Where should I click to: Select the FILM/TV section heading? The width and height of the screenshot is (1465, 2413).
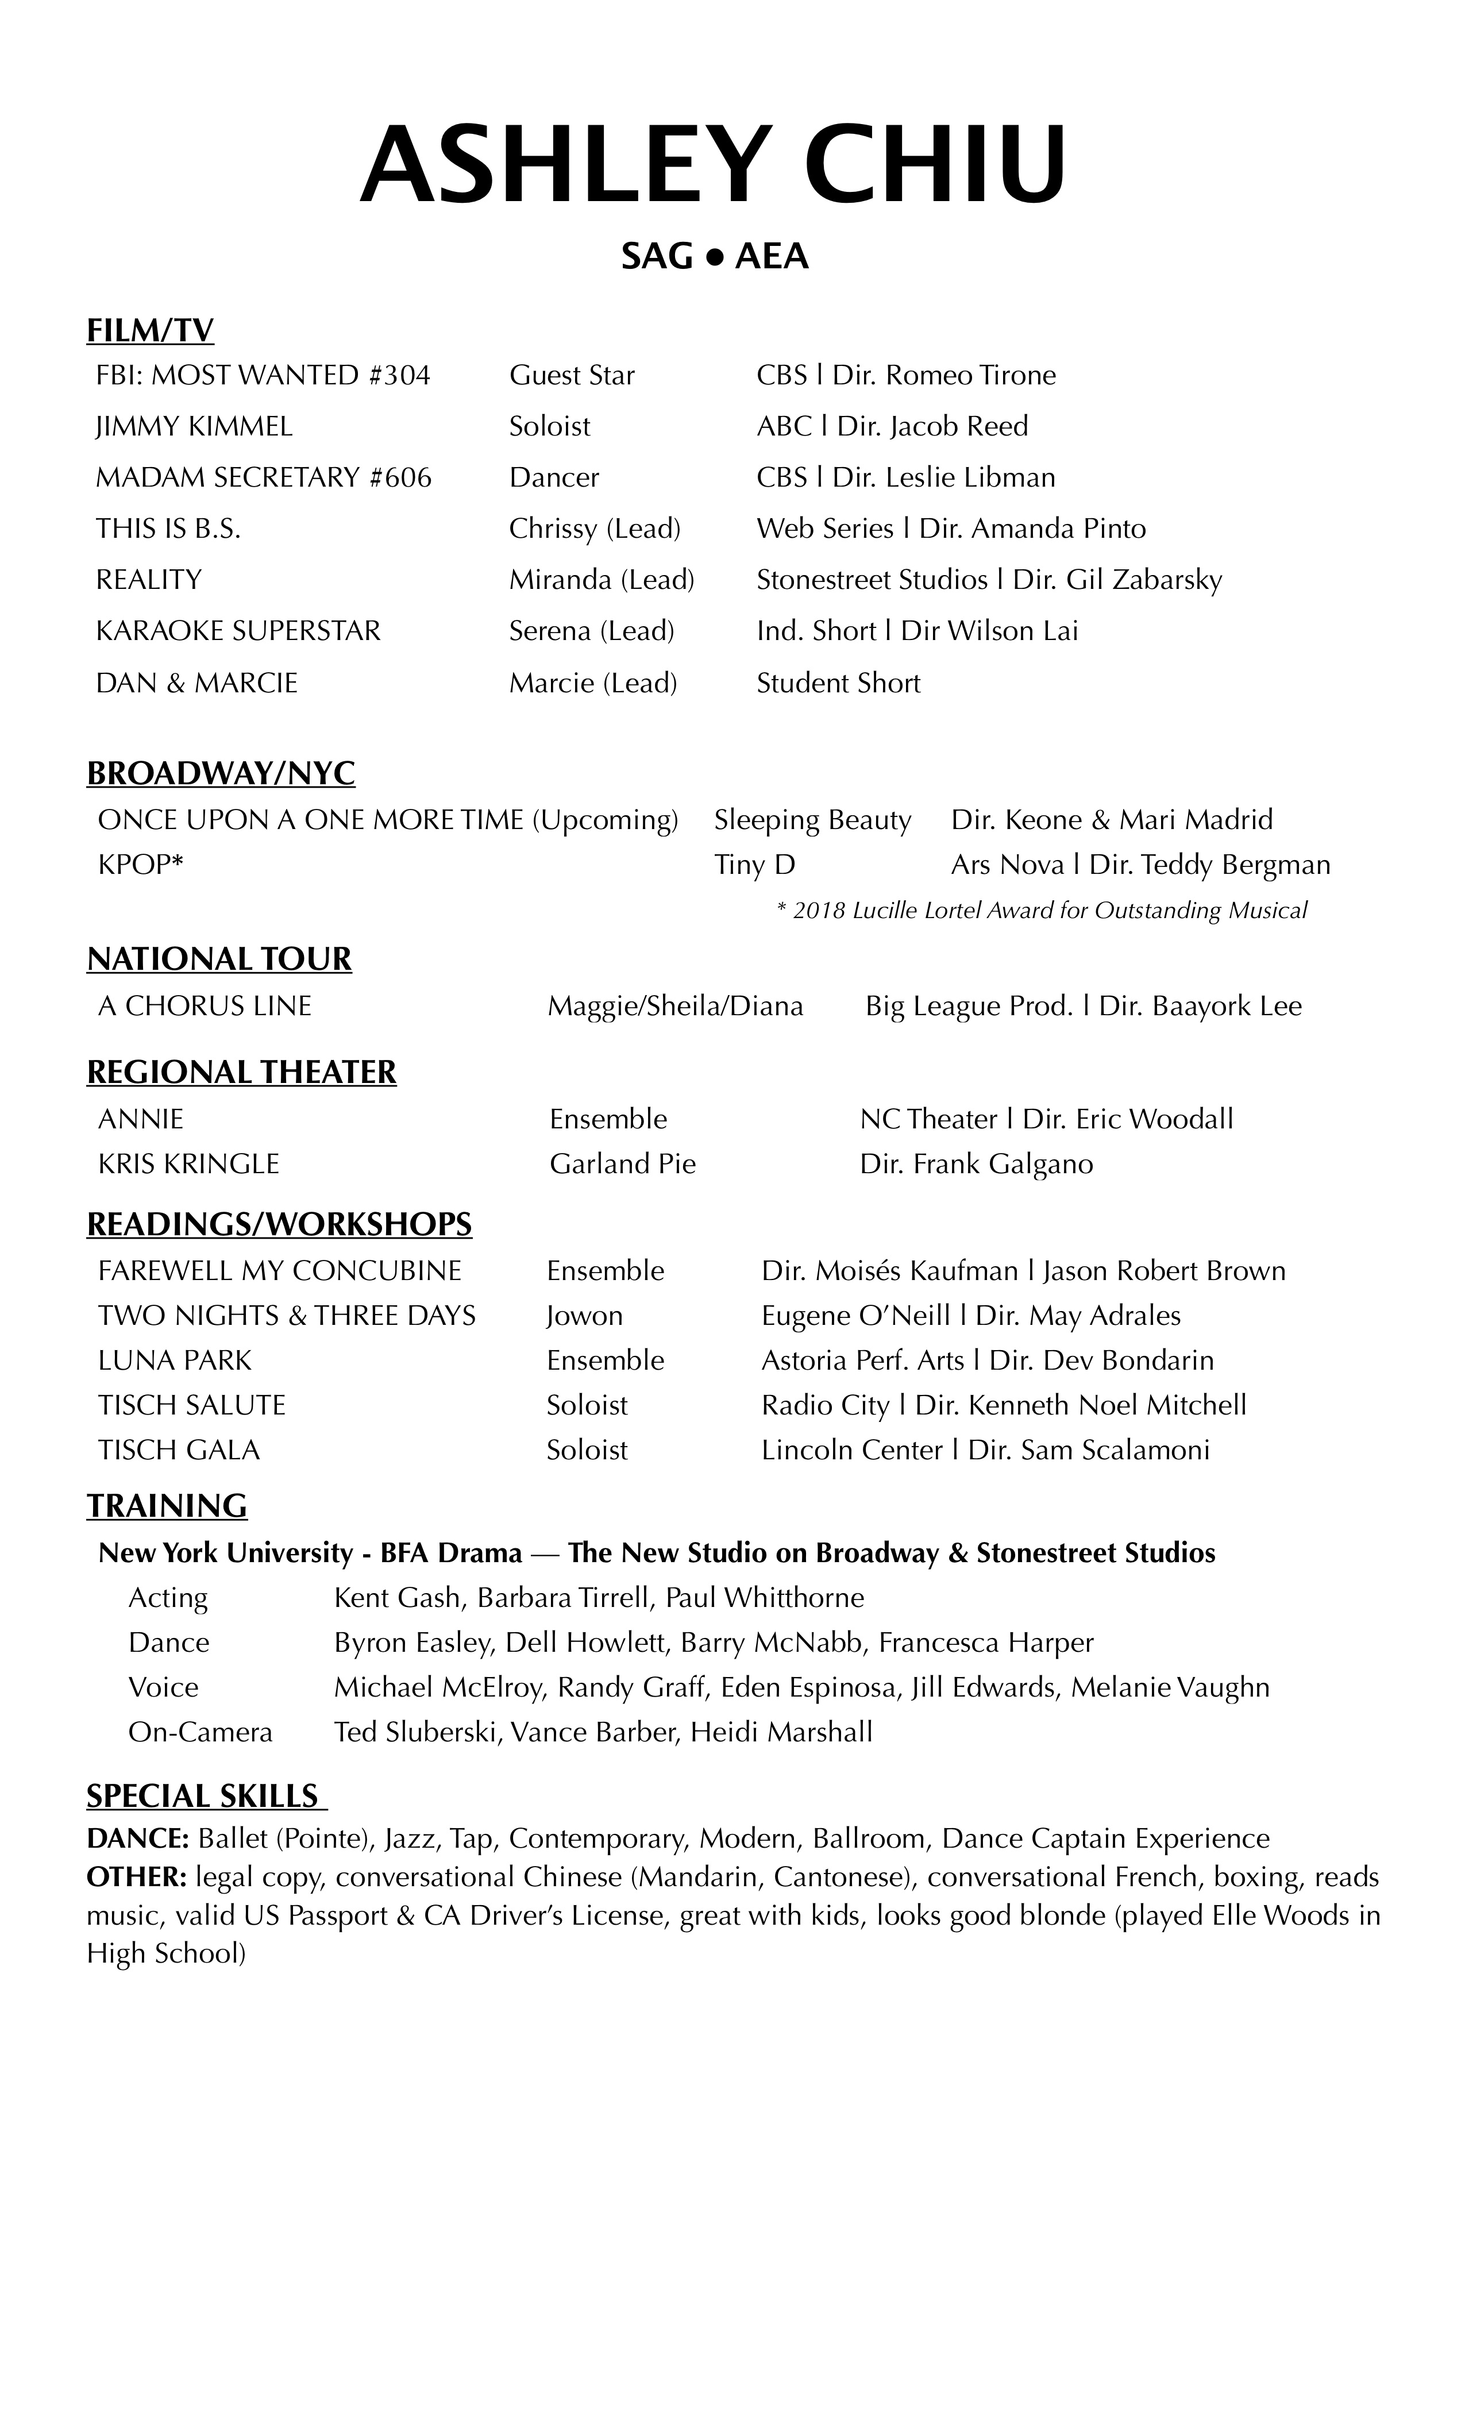point(150,331)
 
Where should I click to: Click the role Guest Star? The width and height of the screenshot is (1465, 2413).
point(572,376)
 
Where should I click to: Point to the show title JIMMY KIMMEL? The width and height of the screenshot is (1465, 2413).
point(194,427)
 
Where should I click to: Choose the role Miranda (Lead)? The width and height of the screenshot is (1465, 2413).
point(602,580)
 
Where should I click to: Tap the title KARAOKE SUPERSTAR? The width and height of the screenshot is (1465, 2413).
point(238,631)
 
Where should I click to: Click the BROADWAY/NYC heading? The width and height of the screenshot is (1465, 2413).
point(221,774)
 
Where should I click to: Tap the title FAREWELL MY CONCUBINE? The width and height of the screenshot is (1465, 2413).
point(279,1271)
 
